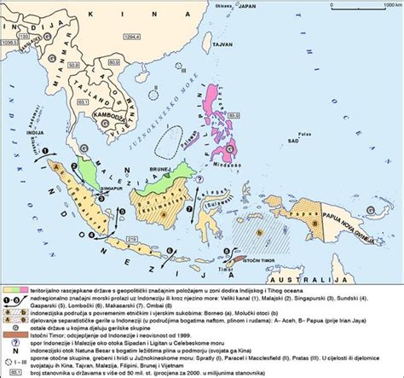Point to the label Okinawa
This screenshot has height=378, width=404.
click(225, 6)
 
